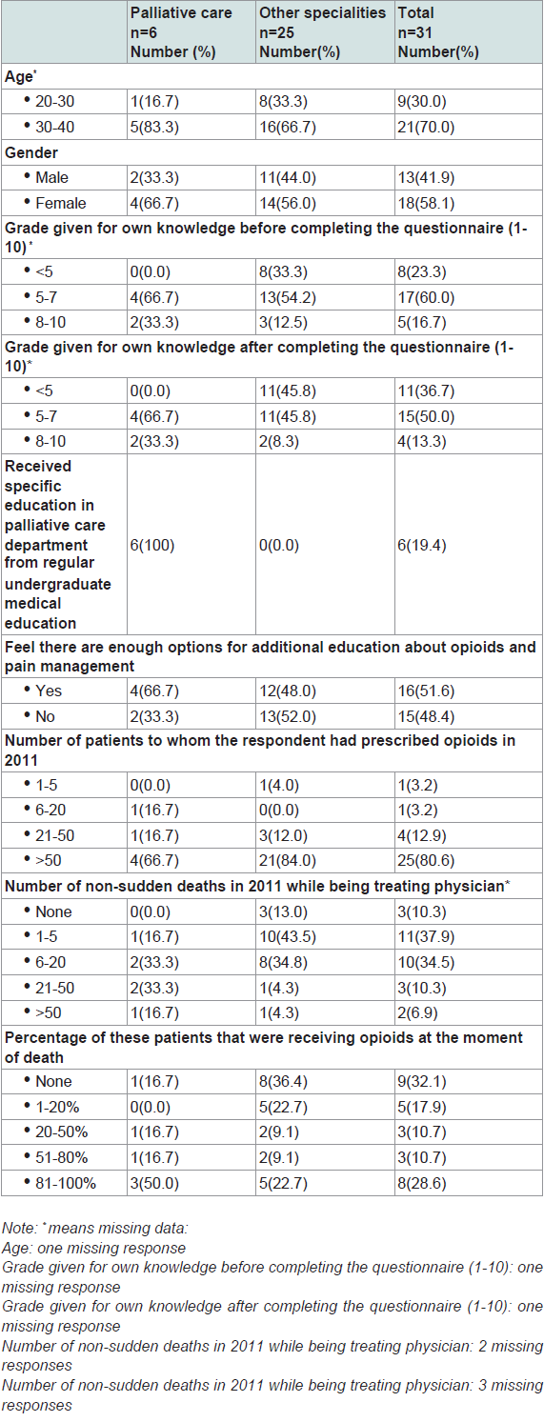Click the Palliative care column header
tap(181, 32)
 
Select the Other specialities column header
tap(322, 32)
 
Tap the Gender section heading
tap(31, 152)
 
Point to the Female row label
tap(60, 203)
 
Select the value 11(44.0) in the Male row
tap(288, 178)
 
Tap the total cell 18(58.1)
tap(426, 203)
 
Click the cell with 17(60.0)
tap(426, 297)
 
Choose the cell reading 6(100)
tap(152, 545)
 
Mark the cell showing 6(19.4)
tap(422, 545)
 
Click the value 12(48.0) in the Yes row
tap(288, 691)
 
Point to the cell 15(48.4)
tap(426, 716)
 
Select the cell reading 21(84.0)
tap(288, 860)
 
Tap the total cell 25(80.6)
tap(426, 860)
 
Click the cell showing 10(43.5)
tap(288, 936)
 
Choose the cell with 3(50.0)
tap(154, 1183)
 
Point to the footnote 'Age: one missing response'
tap(94, 1248)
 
